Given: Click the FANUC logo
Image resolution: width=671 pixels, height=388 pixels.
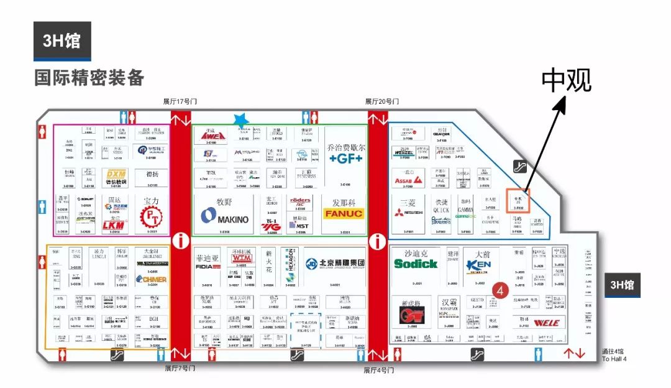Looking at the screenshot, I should point(344,213).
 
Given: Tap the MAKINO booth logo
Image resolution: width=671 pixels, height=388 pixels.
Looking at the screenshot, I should point(224,217).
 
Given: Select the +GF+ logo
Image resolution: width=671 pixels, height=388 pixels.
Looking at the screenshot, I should point(345,159).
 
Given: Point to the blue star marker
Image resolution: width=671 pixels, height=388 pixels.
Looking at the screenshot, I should point(241,120).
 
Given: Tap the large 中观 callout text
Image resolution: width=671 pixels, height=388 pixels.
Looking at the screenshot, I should point(566,80).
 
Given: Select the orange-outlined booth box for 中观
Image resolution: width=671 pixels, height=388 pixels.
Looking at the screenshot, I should point(517,201).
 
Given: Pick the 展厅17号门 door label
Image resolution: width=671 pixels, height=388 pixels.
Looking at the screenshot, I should point(180,101).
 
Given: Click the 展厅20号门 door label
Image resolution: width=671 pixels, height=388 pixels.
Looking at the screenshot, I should point(381,101).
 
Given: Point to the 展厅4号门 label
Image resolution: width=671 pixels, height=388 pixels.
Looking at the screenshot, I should point(380,369).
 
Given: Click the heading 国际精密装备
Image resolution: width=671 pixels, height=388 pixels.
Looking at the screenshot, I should point(89,77).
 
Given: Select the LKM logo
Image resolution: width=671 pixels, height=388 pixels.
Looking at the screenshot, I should point(114,224).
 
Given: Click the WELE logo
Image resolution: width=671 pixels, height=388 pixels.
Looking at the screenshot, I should point(546,323).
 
